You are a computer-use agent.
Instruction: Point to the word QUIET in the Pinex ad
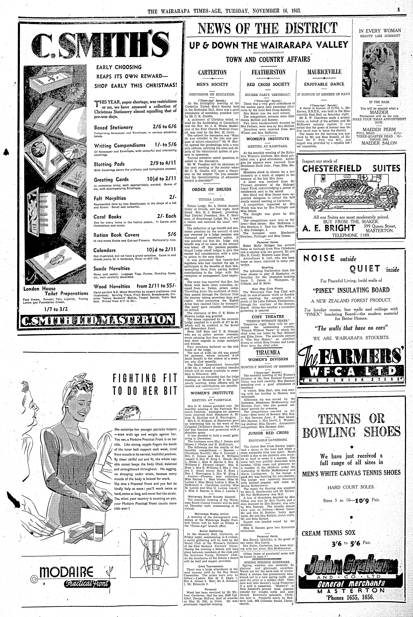pos(365,269)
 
